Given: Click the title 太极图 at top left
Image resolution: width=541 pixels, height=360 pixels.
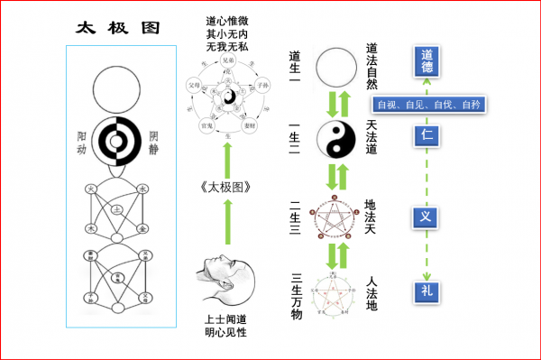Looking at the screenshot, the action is pyautogui.click(x=117, y=26).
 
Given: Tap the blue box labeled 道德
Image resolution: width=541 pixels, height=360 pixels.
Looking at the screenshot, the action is pyautogui.click(x=426, y=59).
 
